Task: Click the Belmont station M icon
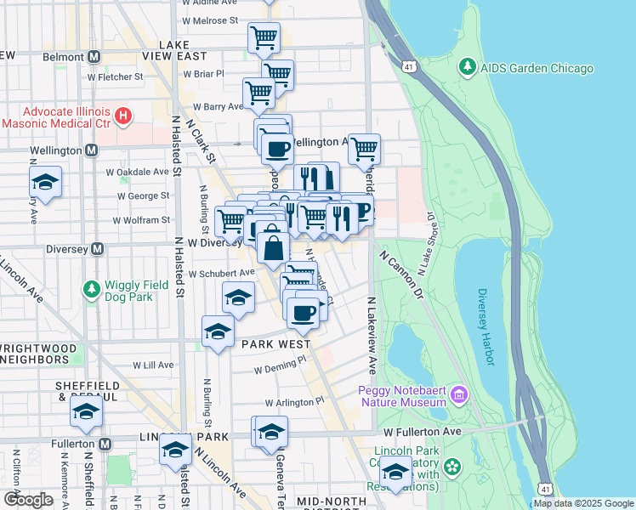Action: [x=94, y=56]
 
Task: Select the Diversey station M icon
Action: [x=97, y=249]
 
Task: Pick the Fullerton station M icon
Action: [x=105, y=444]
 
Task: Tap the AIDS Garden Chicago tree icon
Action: [x=465, y=66]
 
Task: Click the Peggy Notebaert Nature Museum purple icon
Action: [x=459, y=394]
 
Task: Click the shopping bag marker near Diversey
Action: [x=273, y=248]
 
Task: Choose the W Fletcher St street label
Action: [x=115, y=77]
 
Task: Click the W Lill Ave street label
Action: [x=152, y=365]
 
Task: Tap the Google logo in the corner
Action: [x=29, y=500]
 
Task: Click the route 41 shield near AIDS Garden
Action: [x=412, y=65]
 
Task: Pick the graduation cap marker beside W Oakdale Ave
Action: [x=45, y=182]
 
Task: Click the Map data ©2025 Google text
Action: [x=582, y=503]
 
